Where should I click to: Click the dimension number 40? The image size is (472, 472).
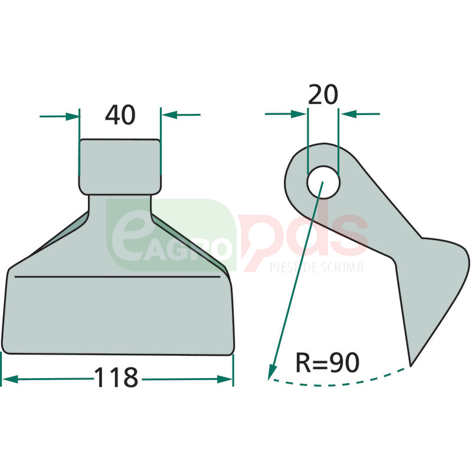click(120, 114)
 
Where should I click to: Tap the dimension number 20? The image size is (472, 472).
click(323, 94)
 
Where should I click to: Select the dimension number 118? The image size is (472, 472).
click(116, 377)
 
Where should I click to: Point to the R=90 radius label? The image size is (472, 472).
click(328, 362)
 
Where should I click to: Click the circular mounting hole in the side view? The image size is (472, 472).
click(323, 182)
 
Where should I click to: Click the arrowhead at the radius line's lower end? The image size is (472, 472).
click(272, 372)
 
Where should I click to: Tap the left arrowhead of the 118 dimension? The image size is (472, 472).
click(9, 379)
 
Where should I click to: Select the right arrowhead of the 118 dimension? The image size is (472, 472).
click(225, 379)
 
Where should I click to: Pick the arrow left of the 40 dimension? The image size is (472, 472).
click(60, 116)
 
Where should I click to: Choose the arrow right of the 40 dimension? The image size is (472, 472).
click(181, 114)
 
